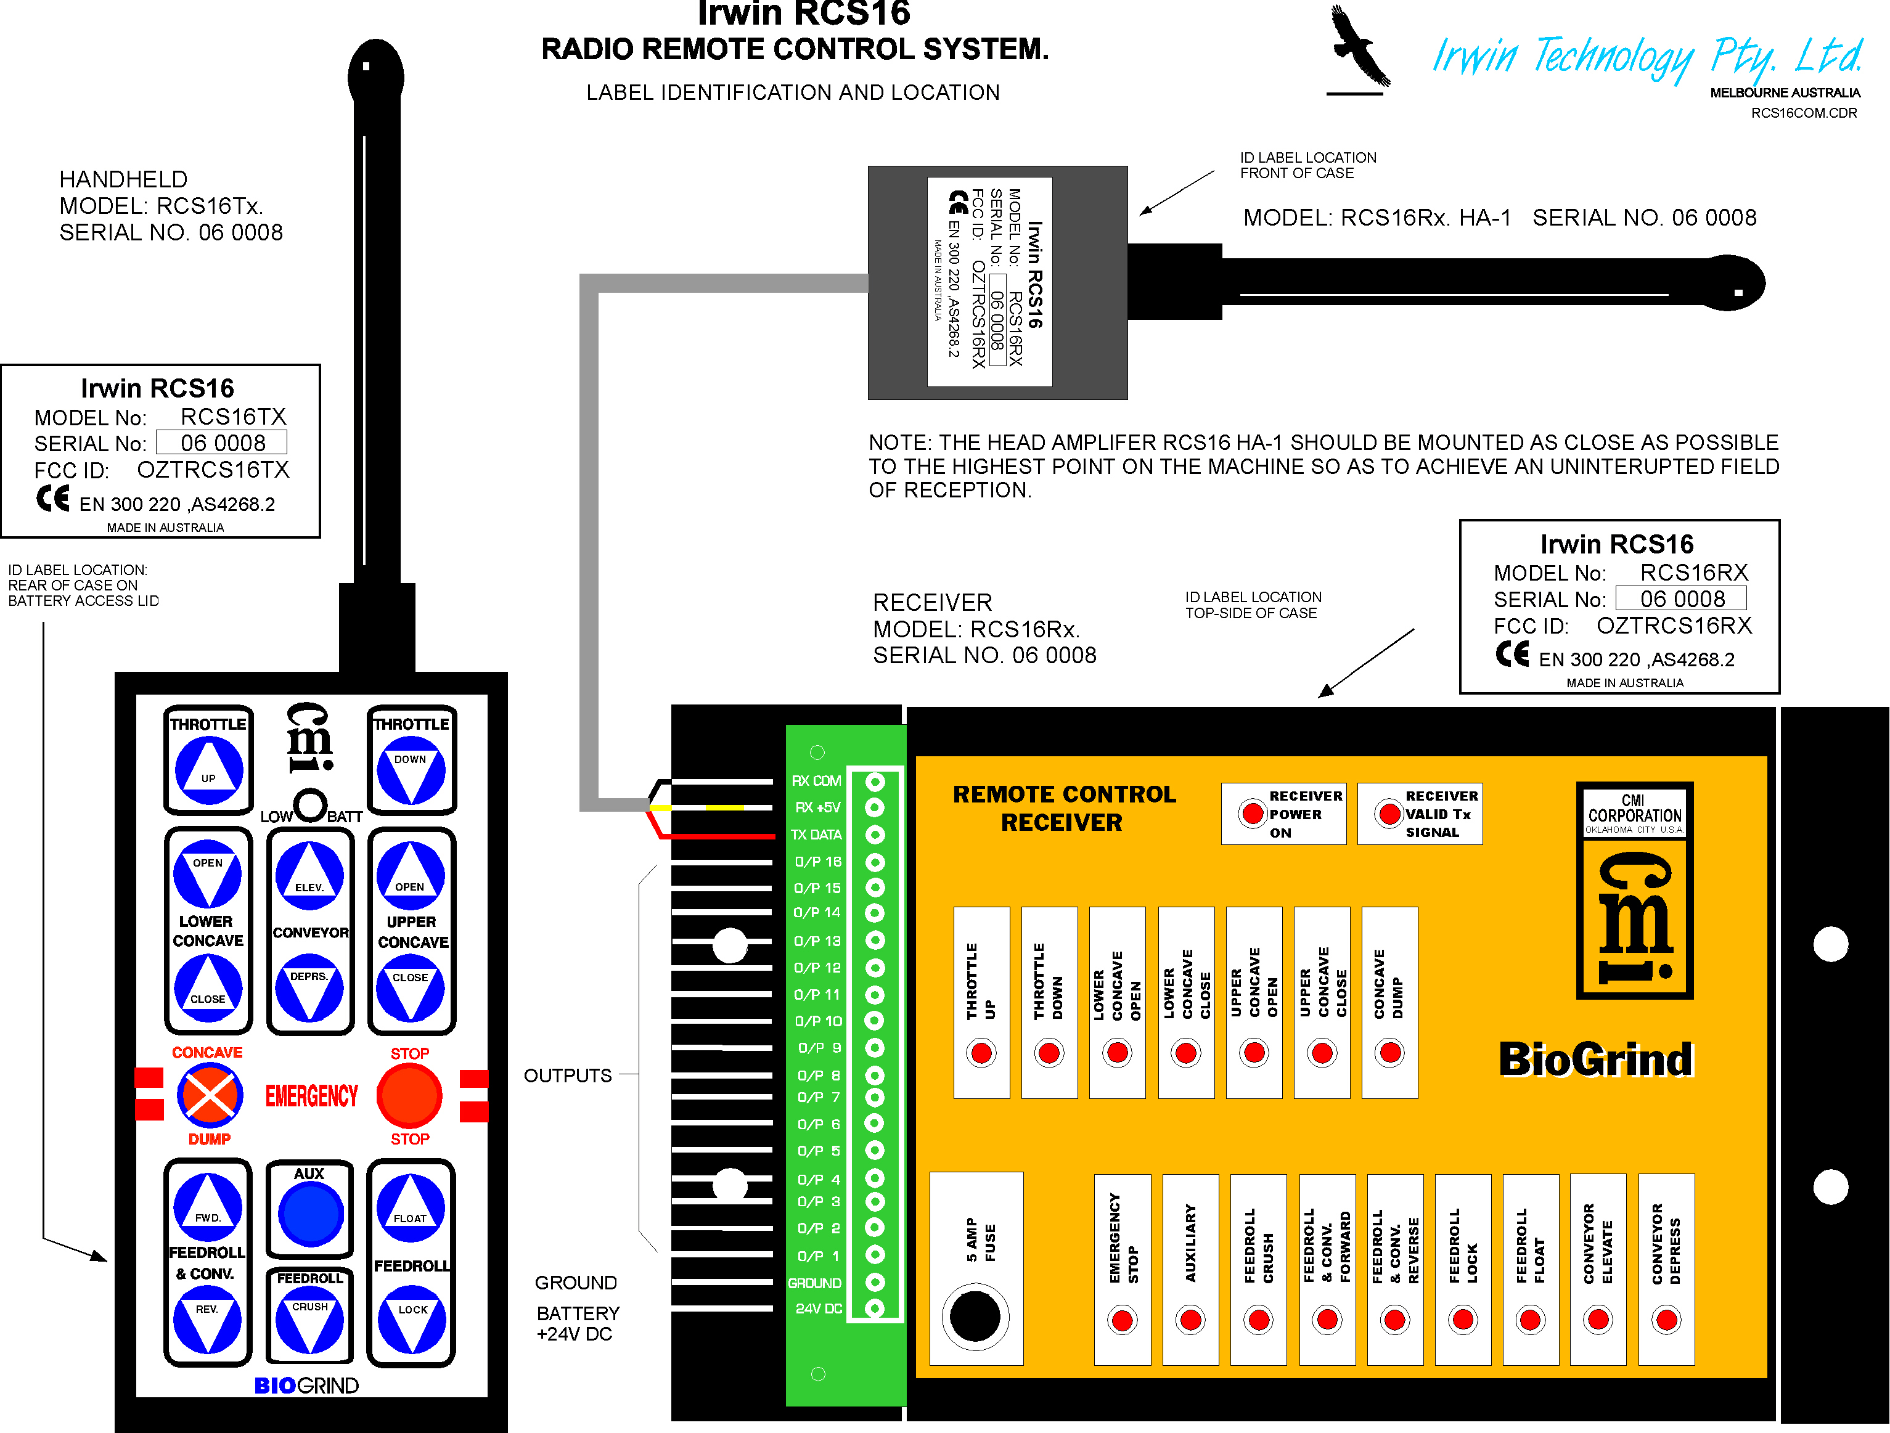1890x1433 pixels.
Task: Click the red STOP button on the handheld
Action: [x=409, y=1095]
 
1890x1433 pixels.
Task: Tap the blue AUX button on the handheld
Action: [x=310, y=1214]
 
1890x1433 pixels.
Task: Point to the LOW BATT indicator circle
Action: [x=310, y=805]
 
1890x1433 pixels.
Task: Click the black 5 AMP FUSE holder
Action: [x=975, y=1316]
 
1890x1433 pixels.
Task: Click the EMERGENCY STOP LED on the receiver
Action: [x=1122, y=1320]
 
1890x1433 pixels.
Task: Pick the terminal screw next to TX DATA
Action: [x=874, y=834]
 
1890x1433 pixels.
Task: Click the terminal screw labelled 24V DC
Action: [x=874, y=1308]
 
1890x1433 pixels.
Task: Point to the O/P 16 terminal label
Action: [x=817, y=861]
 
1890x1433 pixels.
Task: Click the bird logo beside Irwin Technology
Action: [x=1359, y=47]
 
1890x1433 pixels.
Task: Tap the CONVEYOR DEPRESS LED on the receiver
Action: [x=1666, y=1320]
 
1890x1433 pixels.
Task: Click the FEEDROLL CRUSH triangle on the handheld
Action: [x=309, y=1320]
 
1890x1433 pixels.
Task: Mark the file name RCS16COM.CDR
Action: [x=1804, y=113]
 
